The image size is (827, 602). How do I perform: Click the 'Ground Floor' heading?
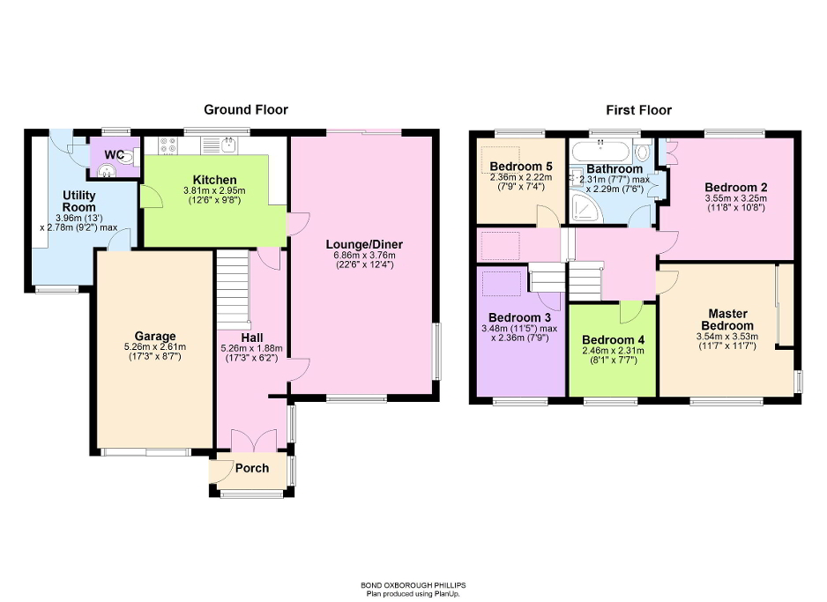pos(246,110)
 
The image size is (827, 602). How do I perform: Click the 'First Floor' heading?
pos(638,110)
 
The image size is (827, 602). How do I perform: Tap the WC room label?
pos(115,155)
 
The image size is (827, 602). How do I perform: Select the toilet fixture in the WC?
pos(129,158)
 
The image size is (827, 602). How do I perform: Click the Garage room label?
pos(155,336)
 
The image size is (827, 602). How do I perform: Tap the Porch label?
pos(251,468)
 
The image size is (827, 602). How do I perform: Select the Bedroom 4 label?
pos(611,339)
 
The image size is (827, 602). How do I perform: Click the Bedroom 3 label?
pos(520,317)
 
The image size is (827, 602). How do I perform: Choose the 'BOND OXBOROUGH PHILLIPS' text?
pos(413,584)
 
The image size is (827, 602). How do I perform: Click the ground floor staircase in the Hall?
pos(234,286)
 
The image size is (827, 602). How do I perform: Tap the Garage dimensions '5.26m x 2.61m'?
pos(155,347)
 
